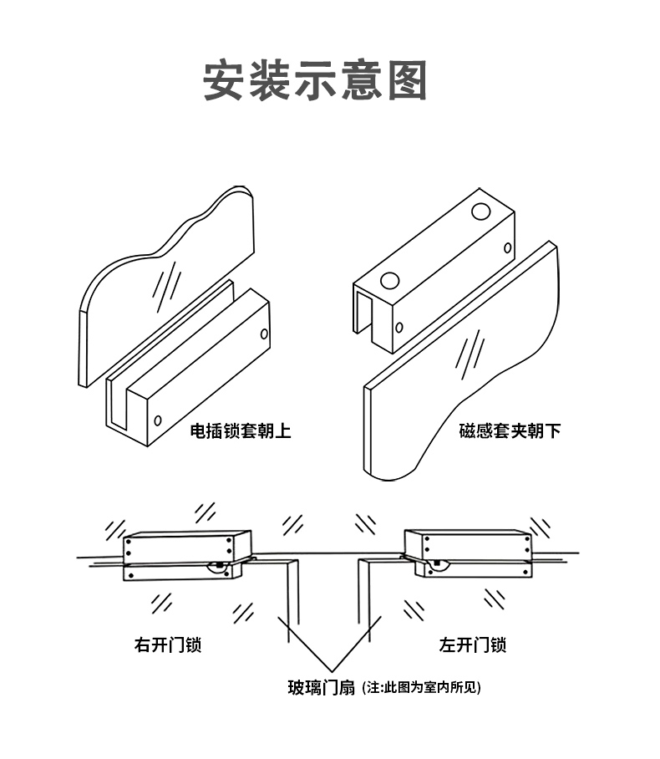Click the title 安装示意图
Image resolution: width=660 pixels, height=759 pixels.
point(316,80)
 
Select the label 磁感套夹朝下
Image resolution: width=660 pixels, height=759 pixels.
point(510,431)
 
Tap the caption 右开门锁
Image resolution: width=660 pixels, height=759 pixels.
point(167,645)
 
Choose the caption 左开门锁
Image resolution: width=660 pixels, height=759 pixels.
point(472,645)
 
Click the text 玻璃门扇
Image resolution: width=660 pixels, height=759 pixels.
point(322,688)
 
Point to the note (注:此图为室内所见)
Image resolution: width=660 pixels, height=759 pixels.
point(423,688)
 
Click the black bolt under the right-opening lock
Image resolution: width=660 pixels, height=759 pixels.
point(219,566)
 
